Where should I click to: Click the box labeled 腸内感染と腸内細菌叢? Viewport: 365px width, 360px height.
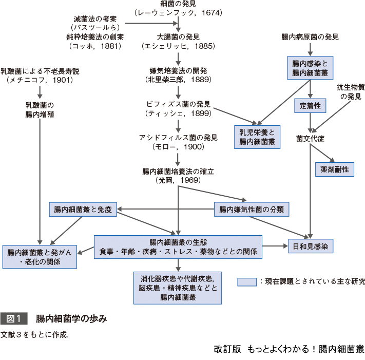(x=310, y=67)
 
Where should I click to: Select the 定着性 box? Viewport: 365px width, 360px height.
(x=310, y=105)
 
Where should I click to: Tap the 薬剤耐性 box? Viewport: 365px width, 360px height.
(x=334, y=169)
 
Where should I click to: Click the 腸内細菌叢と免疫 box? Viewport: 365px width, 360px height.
(x=83, y=209)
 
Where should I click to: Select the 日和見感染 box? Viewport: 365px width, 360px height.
(x=311, y=246)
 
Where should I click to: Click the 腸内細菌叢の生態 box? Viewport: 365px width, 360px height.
(x=178, y=247)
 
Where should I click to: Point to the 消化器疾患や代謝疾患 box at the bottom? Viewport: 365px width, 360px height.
(x=178, y=288)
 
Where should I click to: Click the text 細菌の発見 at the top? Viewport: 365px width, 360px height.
(x=178, y=4)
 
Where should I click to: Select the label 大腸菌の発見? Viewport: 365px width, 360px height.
(x=178, y=37)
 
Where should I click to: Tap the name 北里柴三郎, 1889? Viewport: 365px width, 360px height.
(x=178, y=80)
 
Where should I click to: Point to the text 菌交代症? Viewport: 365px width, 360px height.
(x=310, y=139)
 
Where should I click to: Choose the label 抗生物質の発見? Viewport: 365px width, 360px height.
(x=350, y=91)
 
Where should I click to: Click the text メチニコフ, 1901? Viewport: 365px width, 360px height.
(x=40, y=80)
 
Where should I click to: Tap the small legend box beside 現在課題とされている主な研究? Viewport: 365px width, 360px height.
(x=247, y=281)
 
